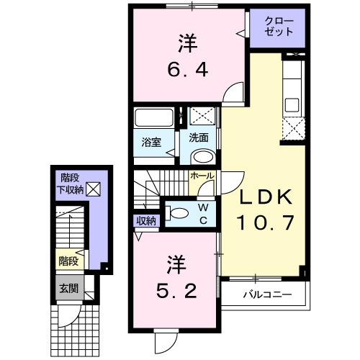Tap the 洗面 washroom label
(199, 137)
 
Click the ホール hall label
(202, 175)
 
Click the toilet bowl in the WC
(176, 212)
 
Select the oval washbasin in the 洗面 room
(202, 156)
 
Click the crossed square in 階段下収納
(94, 189)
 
